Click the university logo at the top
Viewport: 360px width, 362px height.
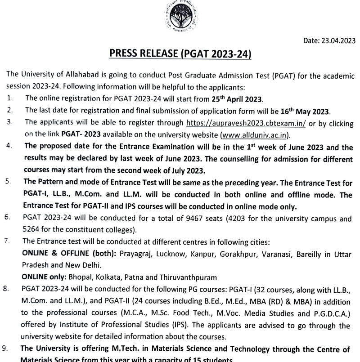pyautogui.click(x=180, y=13)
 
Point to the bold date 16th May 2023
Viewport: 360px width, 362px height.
pyautogui.click(x=310, y=111)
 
